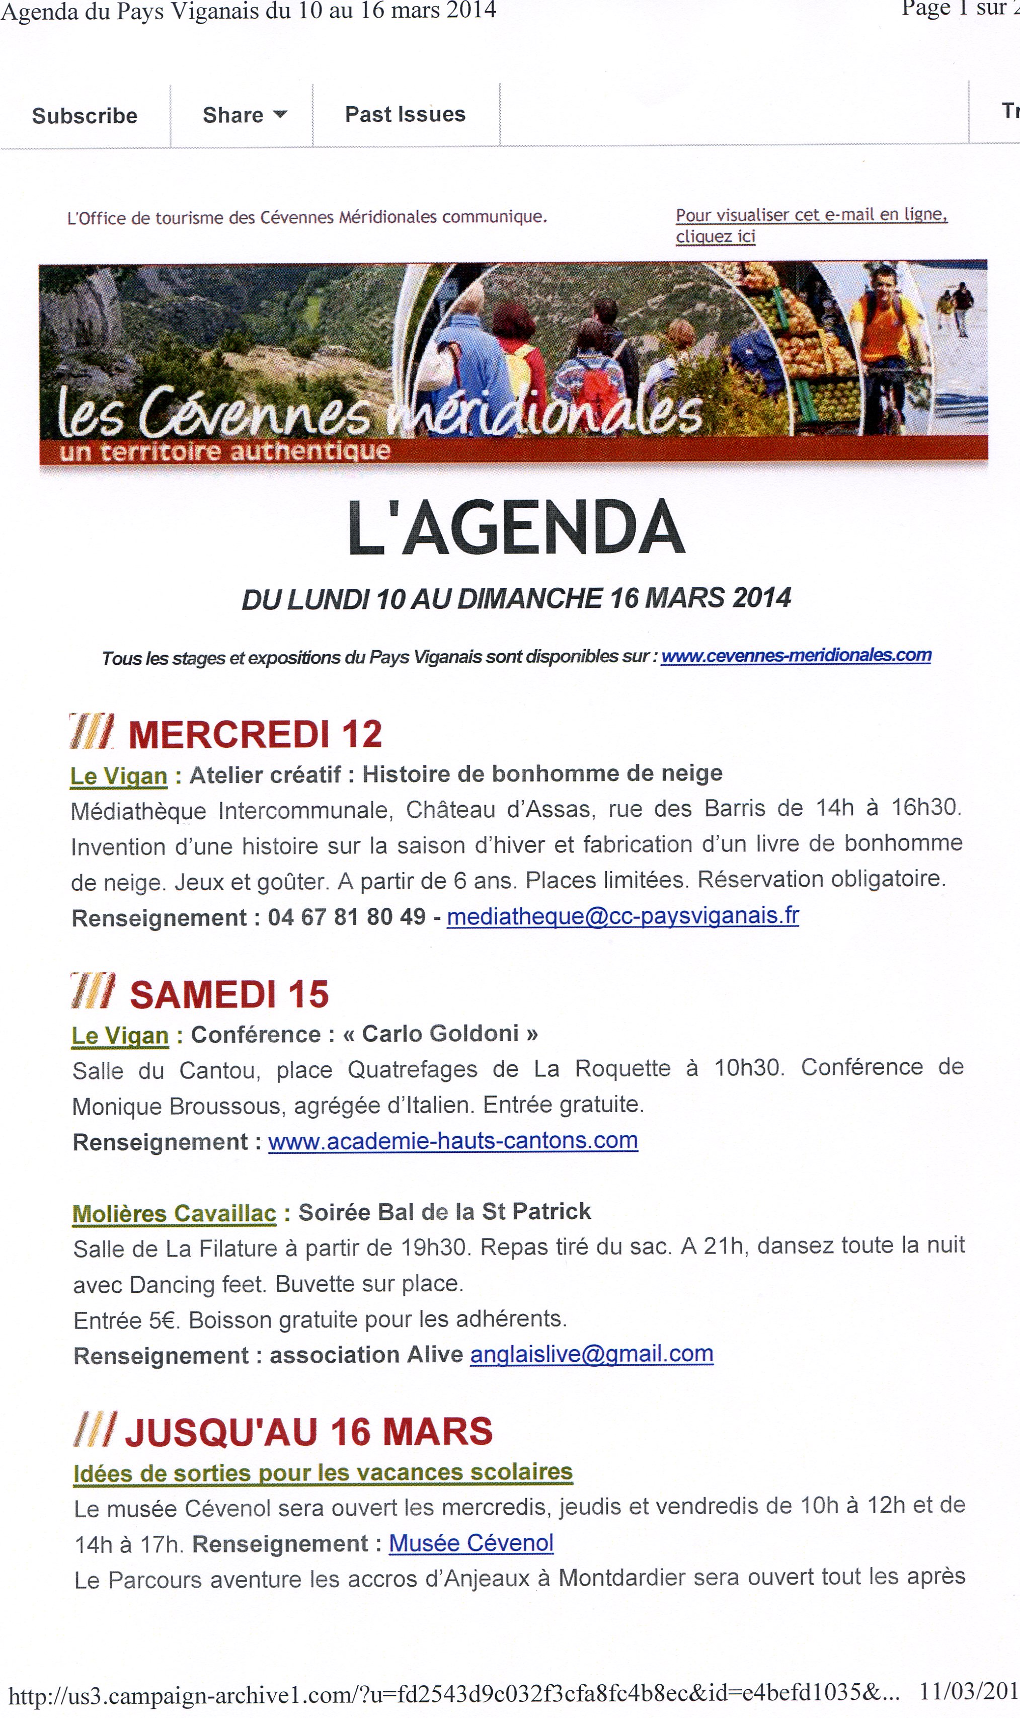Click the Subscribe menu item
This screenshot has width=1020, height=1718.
85,115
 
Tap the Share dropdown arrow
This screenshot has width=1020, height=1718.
280,114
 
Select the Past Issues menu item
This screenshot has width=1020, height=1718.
405,114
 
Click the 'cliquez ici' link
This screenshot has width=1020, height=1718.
715,237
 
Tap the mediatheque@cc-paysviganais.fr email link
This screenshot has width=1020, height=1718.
623,915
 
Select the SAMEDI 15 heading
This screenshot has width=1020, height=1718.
229,994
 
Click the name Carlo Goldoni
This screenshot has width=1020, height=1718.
440,1034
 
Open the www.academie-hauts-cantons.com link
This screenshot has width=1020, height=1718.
453,1141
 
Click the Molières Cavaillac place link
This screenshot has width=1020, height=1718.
174,1214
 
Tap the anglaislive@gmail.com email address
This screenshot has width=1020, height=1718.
591,1354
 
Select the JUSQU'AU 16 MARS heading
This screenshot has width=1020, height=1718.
308,1432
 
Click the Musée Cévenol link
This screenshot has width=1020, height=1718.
471,1543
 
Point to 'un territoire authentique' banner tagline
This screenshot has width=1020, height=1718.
225,451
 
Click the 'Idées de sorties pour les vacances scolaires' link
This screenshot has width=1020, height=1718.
323,1472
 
